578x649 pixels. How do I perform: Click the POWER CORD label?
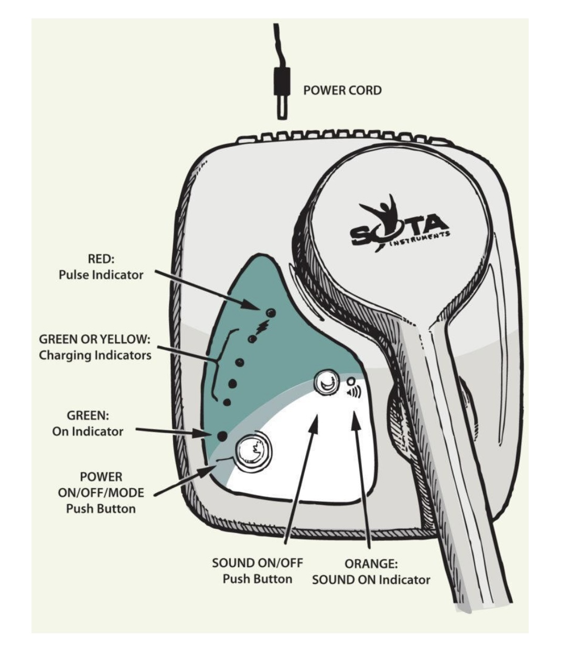coord(342,90)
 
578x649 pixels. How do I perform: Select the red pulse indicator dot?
coord(271,313)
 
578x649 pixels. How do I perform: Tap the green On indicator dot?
coord(222,435)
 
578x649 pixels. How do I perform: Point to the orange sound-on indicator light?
coord(351,381)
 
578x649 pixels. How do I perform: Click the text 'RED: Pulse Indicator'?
coord(101,267)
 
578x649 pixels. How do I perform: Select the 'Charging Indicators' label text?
coord(95,355)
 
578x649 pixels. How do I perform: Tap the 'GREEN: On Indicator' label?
coord(88,423)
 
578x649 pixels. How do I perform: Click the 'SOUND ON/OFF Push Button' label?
coord(257,571)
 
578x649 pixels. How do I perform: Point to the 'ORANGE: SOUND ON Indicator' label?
coord(371,572)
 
